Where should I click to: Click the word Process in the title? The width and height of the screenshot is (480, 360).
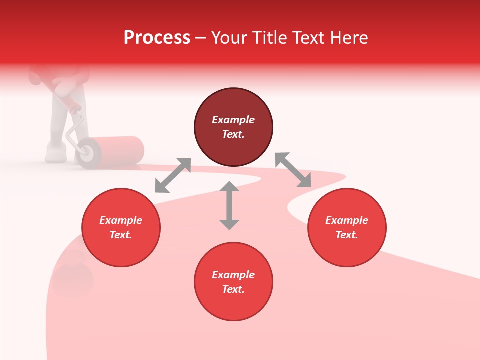[157, 38]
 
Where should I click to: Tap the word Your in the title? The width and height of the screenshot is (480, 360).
[229, 38]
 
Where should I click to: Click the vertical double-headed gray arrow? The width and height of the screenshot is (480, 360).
[229, 205]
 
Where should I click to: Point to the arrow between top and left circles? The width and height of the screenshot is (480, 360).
[173, 175]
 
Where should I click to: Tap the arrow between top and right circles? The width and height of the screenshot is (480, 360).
[293, 170]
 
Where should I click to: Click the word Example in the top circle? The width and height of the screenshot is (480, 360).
[233, 120]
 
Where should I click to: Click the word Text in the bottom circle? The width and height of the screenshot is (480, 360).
[233, 289]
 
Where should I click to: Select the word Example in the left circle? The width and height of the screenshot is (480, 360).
[121, 220]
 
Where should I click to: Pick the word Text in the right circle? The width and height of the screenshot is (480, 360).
[347, 235]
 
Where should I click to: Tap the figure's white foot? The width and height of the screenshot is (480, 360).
[55, 152]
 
